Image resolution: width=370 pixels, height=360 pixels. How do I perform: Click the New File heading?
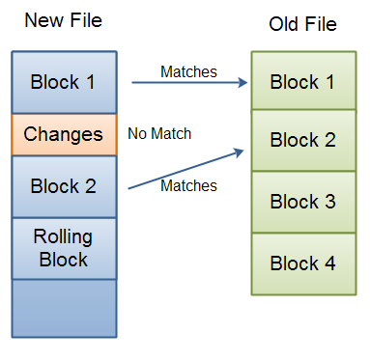tap(63, 19)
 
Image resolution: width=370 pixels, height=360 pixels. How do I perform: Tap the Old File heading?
tap(302, 23)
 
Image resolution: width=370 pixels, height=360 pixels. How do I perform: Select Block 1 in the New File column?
tap(63, 82)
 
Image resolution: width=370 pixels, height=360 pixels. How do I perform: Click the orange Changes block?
tap(63, 134)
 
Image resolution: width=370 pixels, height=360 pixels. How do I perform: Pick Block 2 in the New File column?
tap(63, 185)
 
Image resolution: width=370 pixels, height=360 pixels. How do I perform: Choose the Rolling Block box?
tap(63, 247)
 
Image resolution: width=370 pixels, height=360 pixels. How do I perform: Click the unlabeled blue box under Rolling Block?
tap(63, 308)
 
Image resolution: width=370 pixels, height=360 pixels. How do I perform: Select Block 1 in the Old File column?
tap(302, 81)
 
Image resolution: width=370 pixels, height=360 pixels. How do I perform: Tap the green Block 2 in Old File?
tap(302, 141)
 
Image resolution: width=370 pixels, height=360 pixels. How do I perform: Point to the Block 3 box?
tap(302, 202)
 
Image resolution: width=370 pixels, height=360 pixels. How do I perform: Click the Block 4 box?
tap(302, 263)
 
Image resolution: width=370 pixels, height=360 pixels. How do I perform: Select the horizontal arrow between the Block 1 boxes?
tap(187, 83)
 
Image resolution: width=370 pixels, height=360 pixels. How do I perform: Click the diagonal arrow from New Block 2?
tap(184, 170)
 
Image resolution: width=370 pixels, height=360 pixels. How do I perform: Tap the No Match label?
tap(159, 133)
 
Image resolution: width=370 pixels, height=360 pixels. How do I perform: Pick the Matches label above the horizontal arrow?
tap(188, 70)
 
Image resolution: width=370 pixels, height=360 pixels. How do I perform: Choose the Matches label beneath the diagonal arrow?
tap(188, 184)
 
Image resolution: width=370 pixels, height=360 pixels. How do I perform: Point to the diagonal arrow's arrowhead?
tap(239, 151)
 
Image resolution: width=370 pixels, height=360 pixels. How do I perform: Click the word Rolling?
tap(63, 237)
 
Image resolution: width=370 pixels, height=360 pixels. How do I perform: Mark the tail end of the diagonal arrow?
tap(129, 189)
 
